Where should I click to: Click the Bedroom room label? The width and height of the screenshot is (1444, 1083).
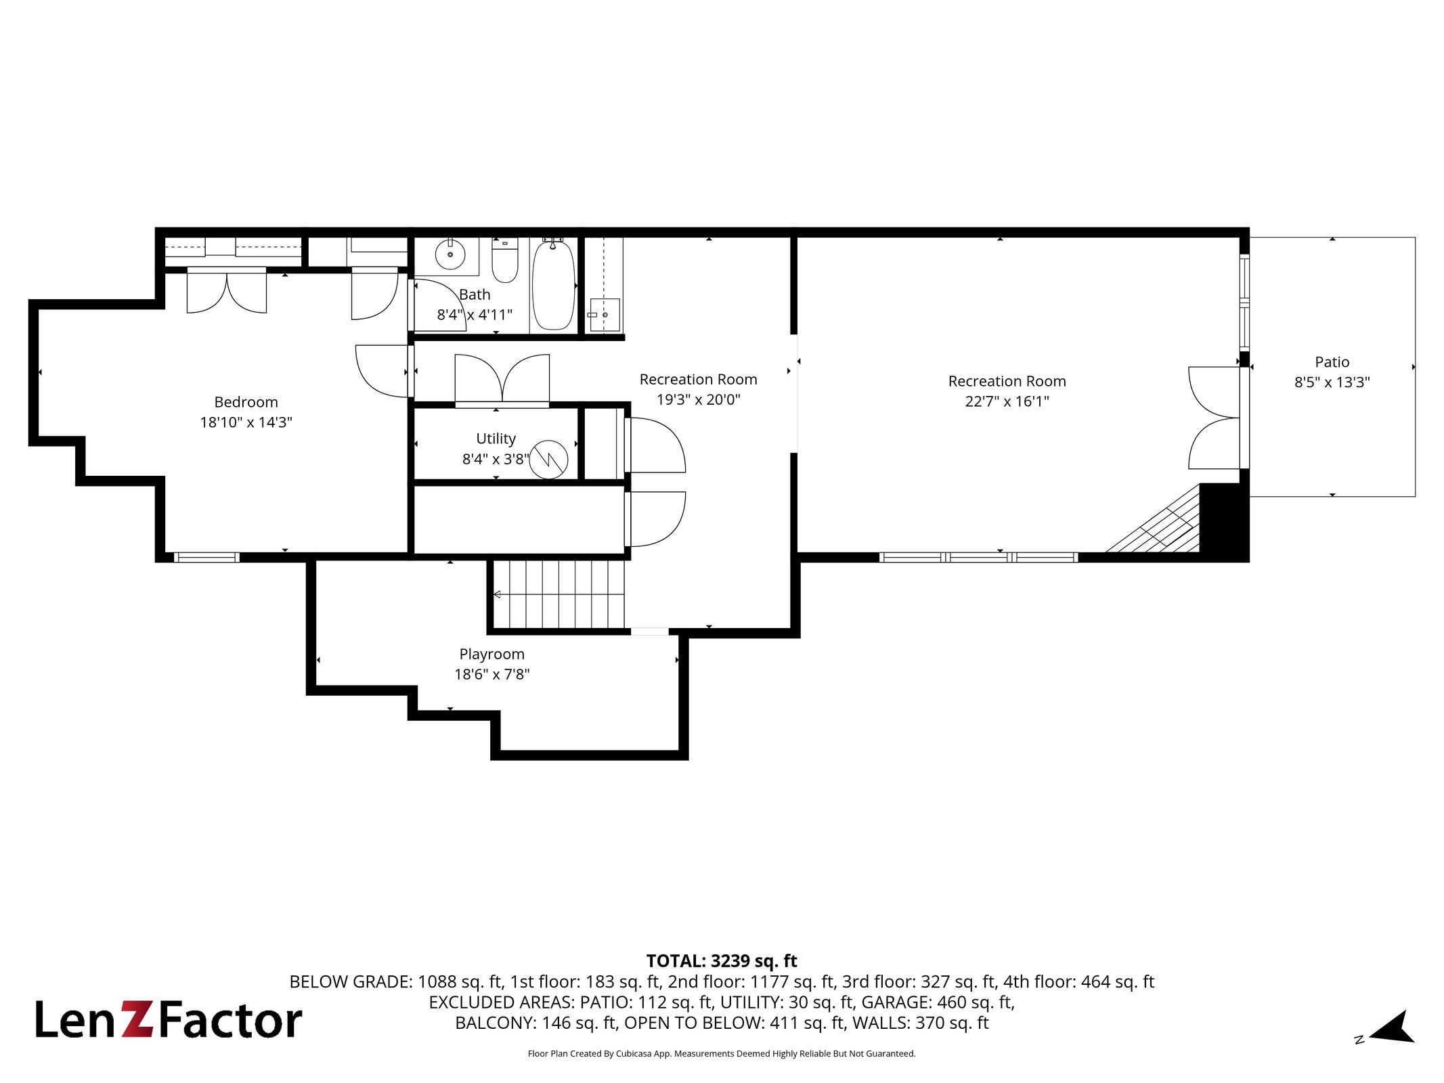(x=246, y=402)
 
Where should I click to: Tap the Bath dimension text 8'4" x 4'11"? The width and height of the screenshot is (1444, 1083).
(x=475, y=315)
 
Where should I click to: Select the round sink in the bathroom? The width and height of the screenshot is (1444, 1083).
(x=450, y=255)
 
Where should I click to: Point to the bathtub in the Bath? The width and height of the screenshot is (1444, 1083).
(x=554, y=284)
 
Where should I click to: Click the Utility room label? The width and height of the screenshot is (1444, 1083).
(x=496, y=439)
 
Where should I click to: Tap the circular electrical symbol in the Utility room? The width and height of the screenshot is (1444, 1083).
(x=548, y=460)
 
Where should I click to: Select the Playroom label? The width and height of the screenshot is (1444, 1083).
(x=492, y=655)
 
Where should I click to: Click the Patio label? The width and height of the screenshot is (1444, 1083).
(x=1332, y=362)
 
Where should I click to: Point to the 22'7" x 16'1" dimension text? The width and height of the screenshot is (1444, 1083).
(x=1007, y=401)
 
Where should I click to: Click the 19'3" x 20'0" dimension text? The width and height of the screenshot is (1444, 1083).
(x=699, y=399)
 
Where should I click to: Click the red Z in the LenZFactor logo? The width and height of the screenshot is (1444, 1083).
(x=137, y=1020)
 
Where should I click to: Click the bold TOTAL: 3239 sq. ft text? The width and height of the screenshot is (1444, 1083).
(x=722, y=961)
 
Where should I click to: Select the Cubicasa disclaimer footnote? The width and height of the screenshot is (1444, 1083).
(x=722, y=1054)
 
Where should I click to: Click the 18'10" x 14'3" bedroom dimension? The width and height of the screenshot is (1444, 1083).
(x=246, y=422)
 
